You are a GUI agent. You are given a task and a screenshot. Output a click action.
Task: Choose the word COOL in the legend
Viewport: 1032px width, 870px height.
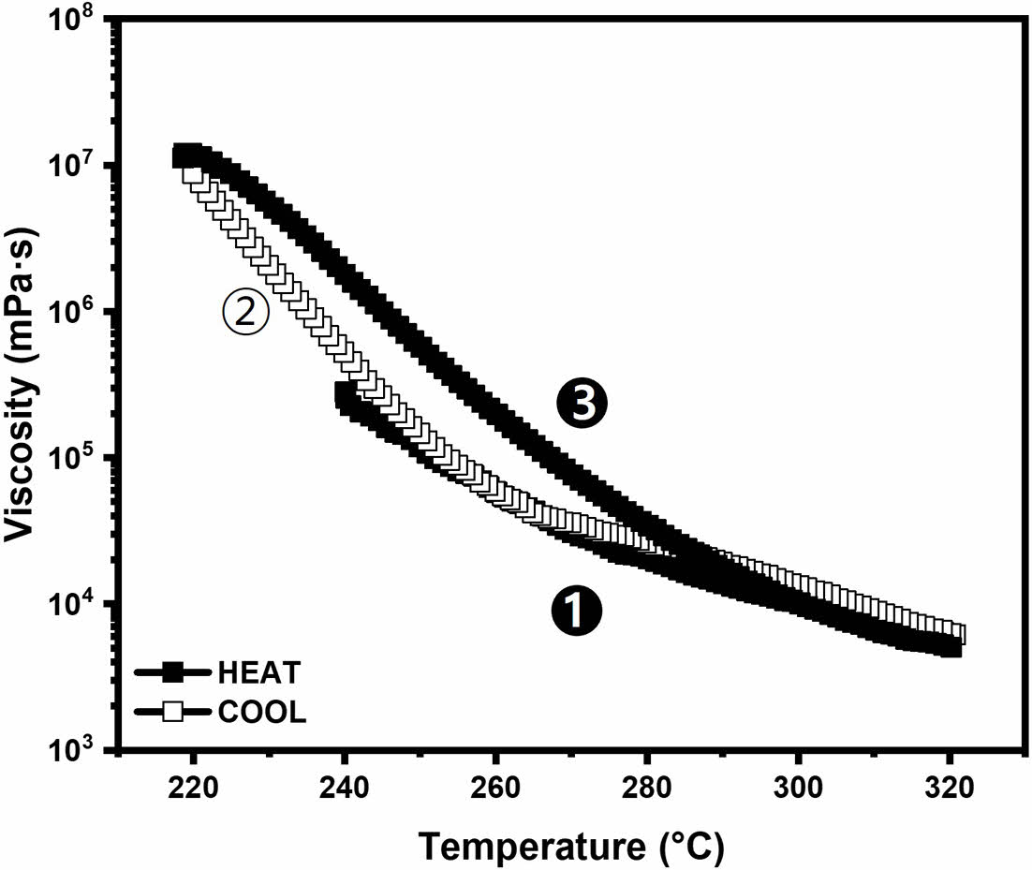click(261, 712)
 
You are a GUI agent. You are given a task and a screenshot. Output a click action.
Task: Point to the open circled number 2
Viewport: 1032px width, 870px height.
click(245, 314)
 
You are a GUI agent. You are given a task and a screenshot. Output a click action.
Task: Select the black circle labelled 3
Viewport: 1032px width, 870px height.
click(582, 404)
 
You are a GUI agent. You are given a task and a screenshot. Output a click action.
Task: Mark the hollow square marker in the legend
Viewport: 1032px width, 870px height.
click(172, 712)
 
